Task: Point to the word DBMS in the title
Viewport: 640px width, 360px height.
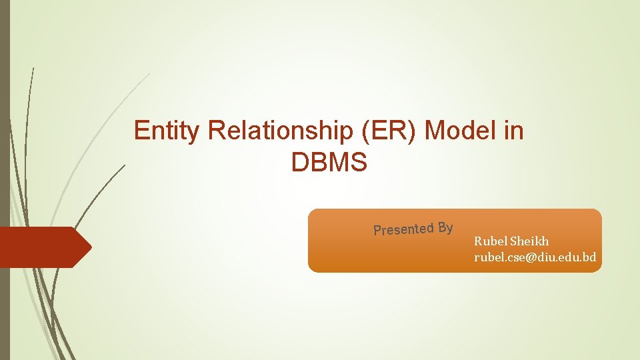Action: tap(329, 162)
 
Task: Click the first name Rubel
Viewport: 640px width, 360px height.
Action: tap(489, 241)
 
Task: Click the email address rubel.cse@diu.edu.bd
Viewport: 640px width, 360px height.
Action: tap(535, 257)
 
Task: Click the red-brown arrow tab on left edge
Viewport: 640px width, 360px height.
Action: tap(44, 247)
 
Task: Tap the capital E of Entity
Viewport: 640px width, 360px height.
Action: tap(141, 131)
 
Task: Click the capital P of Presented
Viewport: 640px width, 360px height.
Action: tap(377, 231)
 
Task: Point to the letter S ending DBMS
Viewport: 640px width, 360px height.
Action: tap(359, 162)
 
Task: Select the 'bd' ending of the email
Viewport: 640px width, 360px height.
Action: tap(589, 257)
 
